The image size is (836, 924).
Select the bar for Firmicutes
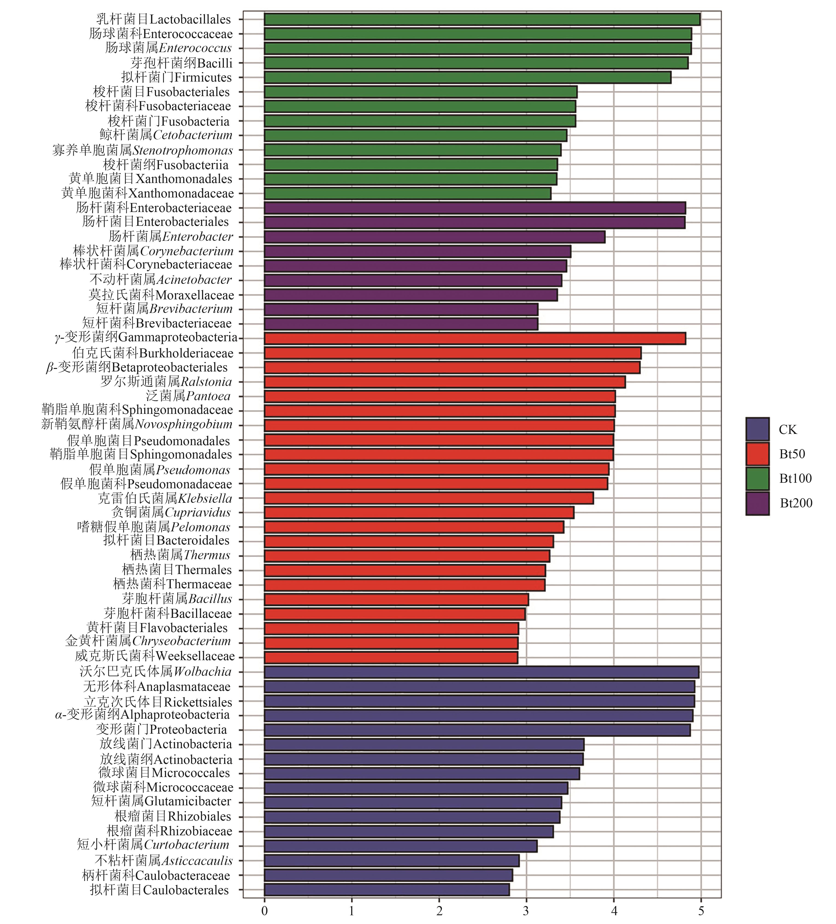pyautogui.click(x=467, y=77)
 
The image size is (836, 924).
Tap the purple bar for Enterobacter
pyautogui.click(x=434, y=237)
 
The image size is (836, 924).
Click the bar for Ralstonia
pyautogui.click(x=445, y=382)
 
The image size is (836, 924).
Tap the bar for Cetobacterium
pyautogui.click(x=415, y=135)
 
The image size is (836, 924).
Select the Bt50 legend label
pyautogui.click(x=792, y=454)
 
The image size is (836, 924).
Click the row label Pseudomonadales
pyautogui.click(x=149, y=441)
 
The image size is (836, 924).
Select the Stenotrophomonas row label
pyautogui.click(x=143, y=150)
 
